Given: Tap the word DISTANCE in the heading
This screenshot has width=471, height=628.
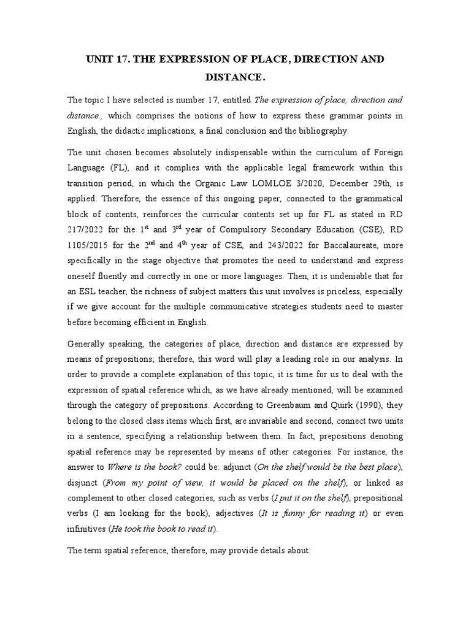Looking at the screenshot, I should [x=234, y=78].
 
